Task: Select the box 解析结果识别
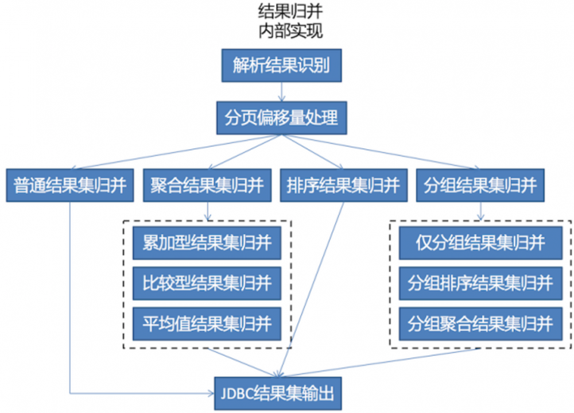point(281,65)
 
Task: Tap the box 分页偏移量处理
point(281,118)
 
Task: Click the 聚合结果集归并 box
point(207,185)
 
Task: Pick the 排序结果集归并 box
point(343,185)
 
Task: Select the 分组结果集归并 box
point(480,185)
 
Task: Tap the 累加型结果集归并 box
point(207,243)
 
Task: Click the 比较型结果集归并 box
point(207,283)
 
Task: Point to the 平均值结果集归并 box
point(207,323)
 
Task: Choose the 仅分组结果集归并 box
point(480,243)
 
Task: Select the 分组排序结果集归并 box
point(480,283)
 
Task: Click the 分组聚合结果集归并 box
point(480,323)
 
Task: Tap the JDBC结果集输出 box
point(281,393)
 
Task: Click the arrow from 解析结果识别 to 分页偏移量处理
point(281,91)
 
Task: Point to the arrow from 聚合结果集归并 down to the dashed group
point(207,211)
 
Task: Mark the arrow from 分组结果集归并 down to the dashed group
point(480,211)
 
